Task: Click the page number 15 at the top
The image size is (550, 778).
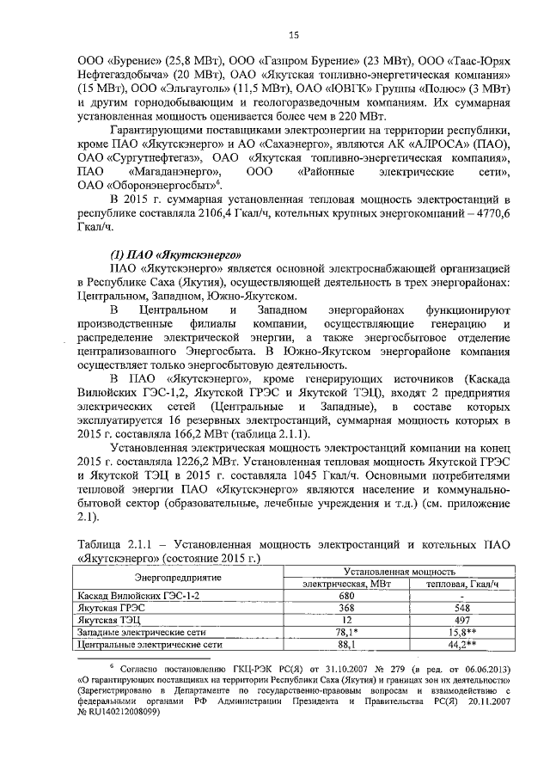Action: pyautogui.click(x=293, y=34)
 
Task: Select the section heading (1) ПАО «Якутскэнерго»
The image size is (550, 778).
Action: pyautogui.click(x=174, y=254)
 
